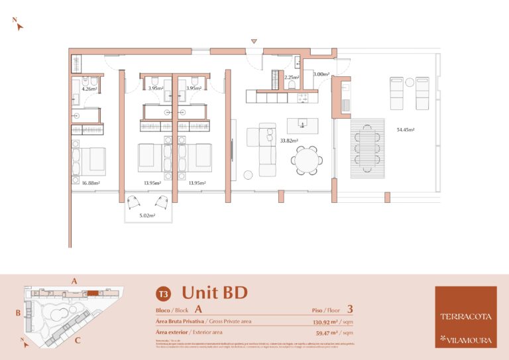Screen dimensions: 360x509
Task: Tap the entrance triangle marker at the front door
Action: click(x=254, y=42)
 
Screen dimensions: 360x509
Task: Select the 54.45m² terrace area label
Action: click(x=406, y=130)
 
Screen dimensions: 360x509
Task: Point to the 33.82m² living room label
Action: click(x=288, y=141)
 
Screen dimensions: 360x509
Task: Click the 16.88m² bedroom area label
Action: click(x=90, y=183)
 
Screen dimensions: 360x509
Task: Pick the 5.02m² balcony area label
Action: click(x=147, y=215)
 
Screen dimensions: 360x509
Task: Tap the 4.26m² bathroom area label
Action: click(x=89, y=88)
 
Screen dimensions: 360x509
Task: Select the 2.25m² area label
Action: click(x=292, y=78)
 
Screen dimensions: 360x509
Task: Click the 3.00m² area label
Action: click(x=321, y=75)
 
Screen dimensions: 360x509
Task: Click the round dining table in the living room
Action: click(x=307, y=159)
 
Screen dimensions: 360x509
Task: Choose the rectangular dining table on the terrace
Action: click(x=367, y=149)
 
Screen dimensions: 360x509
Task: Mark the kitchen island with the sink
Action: click(x=303, y=125)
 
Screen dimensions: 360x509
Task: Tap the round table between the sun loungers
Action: click(x=410, y=82)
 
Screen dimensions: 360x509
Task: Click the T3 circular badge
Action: click(x=161, y=293)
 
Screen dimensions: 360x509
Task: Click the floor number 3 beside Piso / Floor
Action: click(x=350, y=309)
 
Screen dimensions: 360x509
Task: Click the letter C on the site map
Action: click(x=78, y=341)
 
